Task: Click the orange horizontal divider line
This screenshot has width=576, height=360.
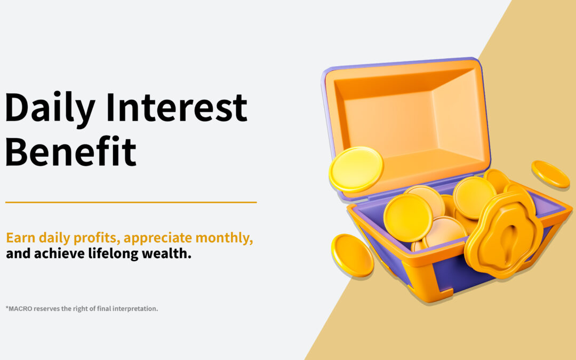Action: click(x=131, y=203)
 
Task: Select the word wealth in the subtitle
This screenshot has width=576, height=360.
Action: click(x=165, y=253)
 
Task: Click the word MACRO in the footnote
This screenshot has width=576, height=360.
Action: click(x=21, y=308)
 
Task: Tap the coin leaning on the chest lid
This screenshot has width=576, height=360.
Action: click(x=356, y=169)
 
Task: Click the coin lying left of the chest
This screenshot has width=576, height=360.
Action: click(x=352, y=255)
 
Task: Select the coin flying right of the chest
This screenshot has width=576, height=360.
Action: click(x=550, y=174)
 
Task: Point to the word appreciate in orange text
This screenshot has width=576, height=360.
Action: click(x=156, y=238)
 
